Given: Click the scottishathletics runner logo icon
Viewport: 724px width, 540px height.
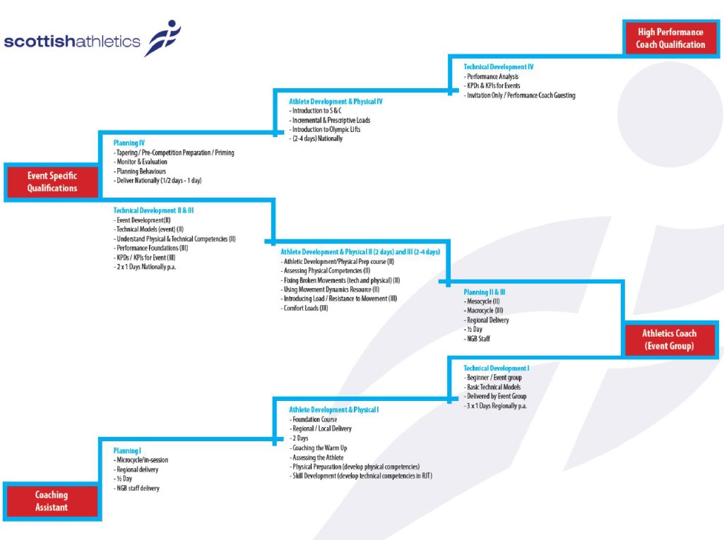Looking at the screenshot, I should click(162, 37).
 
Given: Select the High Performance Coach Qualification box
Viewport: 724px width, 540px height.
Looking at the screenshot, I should click(670, 38).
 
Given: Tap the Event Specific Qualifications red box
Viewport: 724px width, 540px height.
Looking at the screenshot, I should click(52, 182).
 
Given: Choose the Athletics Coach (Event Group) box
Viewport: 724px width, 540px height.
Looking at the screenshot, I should click(669, 340).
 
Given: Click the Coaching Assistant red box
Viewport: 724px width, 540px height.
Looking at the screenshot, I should click(52, 501).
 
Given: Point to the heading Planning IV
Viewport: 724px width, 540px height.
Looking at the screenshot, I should click(129, 143).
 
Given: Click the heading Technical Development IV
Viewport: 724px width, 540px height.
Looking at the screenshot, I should click(498, 67).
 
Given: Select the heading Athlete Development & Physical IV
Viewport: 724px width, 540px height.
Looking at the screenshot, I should click(336, 102).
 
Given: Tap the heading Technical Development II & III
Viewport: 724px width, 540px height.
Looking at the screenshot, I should click(153, 210).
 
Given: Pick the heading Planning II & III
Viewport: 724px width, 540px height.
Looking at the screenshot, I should click(484, 292).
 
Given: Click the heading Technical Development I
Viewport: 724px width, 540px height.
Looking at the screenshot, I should click(496, 368).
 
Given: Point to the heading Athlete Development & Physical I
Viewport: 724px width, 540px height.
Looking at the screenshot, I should click(333, 409).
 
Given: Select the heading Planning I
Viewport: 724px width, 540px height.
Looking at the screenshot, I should click(127, 450).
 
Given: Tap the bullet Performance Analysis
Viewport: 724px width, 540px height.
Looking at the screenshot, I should click(492, 76).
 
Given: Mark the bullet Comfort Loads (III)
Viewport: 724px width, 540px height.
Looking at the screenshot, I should click(306, 308).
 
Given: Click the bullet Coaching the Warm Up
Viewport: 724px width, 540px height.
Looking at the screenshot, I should click(321, 448).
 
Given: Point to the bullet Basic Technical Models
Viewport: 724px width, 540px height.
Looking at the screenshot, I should click(493, 387).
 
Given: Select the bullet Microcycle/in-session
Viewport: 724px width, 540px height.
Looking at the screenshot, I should click(142, 460).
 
